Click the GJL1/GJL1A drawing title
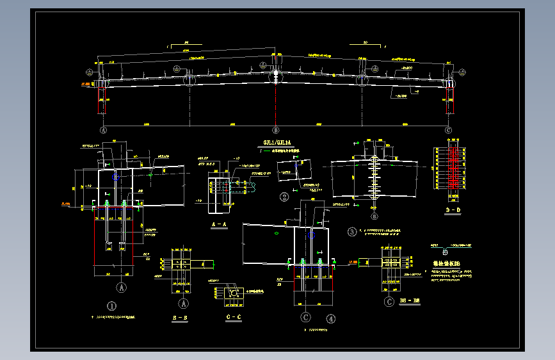click(277, 142)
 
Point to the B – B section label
click(181, 317)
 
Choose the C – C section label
click(234, 317)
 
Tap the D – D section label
click(453, 210)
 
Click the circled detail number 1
click(111, 306)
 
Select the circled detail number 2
click(284, 197)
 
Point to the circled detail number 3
click(351, 231)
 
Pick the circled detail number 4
click(330, 317)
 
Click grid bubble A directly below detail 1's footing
click(122, 288)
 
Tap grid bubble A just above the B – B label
click(184, 303)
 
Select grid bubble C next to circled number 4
click(306, 316)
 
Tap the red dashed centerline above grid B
click(276, 102)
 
